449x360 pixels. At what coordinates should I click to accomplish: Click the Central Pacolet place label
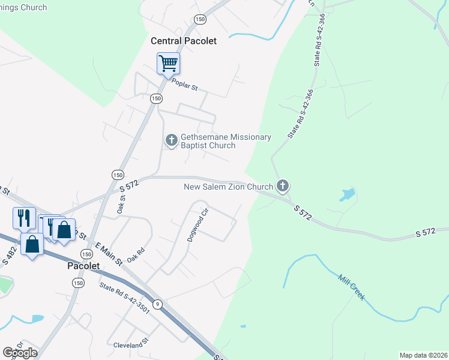183,41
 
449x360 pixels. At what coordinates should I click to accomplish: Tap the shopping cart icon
169,63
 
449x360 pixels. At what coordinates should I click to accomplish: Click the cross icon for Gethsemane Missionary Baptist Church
171,140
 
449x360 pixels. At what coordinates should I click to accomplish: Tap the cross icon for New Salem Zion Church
283,186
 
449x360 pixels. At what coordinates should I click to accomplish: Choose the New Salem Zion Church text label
228,187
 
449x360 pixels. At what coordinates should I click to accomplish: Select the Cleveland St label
130,345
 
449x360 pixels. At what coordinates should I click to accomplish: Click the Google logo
20,353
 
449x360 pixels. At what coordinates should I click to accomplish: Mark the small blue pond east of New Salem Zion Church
346,194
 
